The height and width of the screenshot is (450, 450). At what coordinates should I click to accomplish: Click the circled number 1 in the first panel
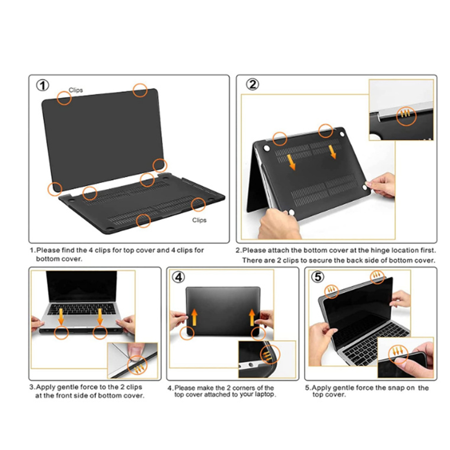click(43, 85)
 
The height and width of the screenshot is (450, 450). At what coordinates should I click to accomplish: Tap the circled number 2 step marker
click(252, 84)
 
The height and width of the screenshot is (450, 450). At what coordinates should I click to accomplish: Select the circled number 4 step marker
click(178, 277)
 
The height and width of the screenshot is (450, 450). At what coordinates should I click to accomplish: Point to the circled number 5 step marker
click(318, 277)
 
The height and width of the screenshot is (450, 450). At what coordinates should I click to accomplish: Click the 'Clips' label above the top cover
click(76, 90)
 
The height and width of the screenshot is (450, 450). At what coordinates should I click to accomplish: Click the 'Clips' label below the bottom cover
click(199, 220)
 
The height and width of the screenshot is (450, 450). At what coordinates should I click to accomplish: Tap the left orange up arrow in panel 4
click(194, 317)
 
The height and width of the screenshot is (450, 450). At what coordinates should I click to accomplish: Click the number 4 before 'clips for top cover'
click(91, 250)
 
